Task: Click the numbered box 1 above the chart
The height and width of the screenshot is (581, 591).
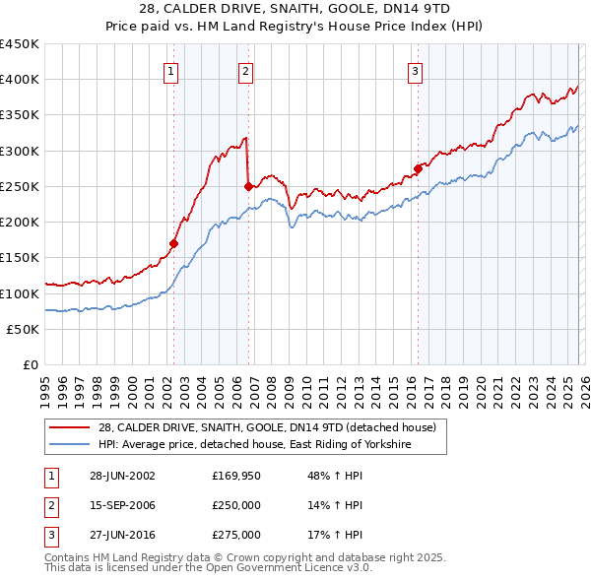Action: point(171,71)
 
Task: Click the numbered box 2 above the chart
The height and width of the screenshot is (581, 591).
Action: point(244,71)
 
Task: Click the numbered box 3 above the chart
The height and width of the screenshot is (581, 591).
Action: point(416,71)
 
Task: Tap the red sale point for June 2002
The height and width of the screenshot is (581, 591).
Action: point(174,243)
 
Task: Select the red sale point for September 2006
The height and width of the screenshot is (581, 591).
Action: point(248,186)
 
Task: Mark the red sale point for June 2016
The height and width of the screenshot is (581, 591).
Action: point(419,168)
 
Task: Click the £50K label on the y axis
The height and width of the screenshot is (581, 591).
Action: point(23,329)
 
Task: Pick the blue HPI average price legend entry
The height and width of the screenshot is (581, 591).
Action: point(254,445)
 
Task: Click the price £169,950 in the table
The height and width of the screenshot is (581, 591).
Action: point(236,476)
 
